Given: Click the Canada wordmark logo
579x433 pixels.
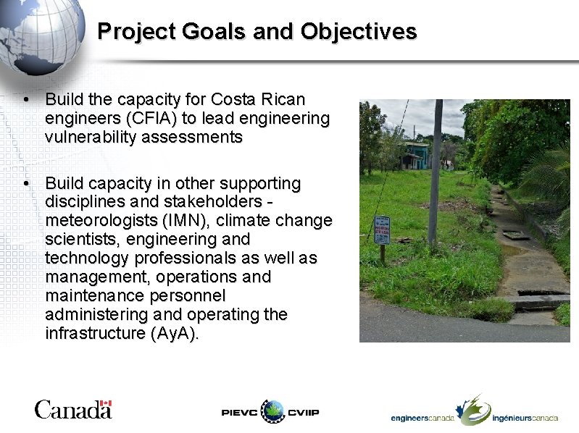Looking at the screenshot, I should [72, 410].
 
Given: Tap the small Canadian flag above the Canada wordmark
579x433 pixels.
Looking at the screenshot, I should [106, 403].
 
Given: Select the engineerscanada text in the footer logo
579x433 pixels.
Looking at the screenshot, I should [422, 418].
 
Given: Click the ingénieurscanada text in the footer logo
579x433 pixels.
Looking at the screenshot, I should [525, 418].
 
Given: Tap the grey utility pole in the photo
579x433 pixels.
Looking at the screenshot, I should [436, 174].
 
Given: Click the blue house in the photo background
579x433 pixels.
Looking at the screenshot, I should [415, 156].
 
